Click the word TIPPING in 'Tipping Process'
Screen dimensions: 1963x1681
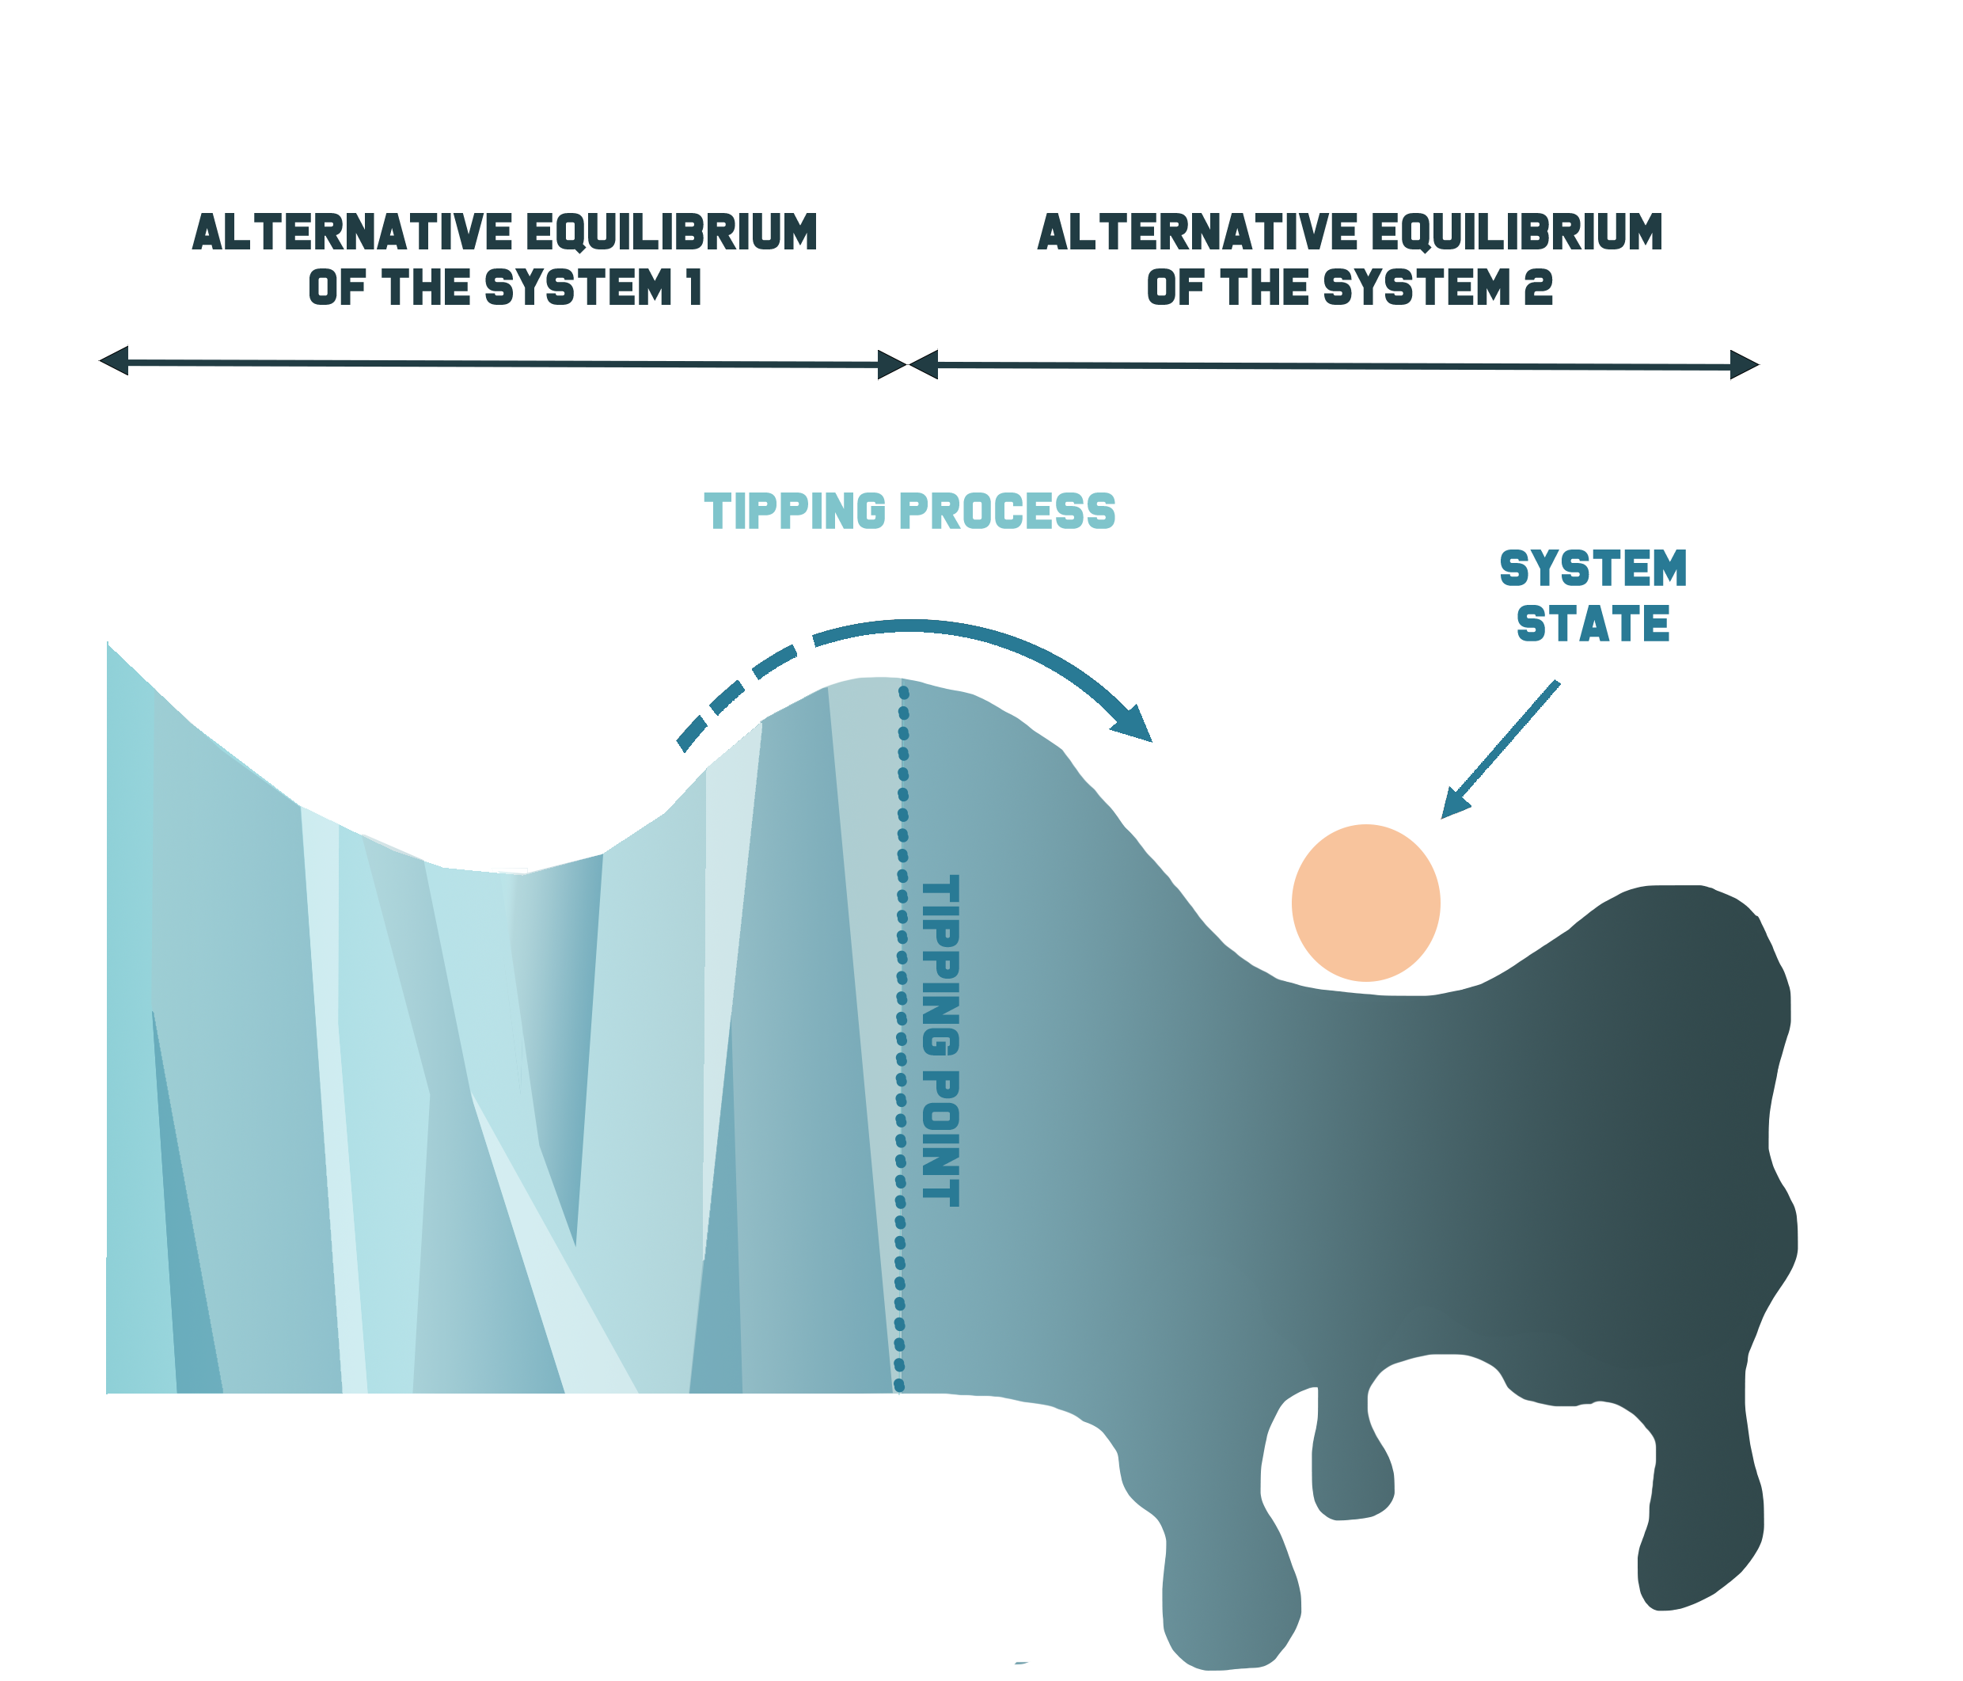(795, 512)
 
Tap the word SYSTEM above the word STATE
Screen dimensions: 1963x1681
(1593, 569)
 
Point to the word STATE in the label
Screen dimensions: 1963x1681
(1593, 623)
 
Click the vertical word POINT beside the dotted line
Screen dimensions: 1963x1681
(941, 1137)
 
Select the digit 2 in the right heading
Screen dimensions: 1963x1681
(1539, 287)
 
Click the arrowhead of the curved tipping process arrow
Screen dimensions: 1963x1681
(1134, 723)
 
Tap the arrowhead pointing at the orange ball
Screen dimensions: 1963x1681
(1453, 804)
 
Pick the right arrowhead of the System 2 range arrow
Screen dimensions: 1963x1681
(1745, 364)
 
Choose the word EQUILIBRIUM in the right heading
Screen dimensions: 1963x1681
(1516, 232)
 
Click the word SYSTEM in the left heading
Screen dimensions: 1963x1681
(578, 287)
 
